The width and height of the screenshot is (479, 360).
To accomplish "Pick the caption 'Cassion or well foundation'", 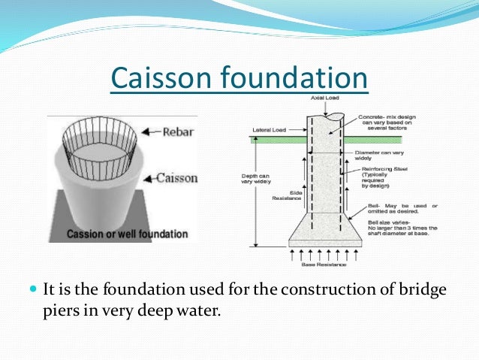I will (x=127, y=234).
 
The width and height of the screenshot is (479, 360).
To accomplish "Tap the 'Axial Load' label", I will (x=327, y=100).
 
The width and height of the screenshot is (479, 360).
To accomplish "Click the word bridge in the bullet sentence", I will (x=407, y=289).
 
